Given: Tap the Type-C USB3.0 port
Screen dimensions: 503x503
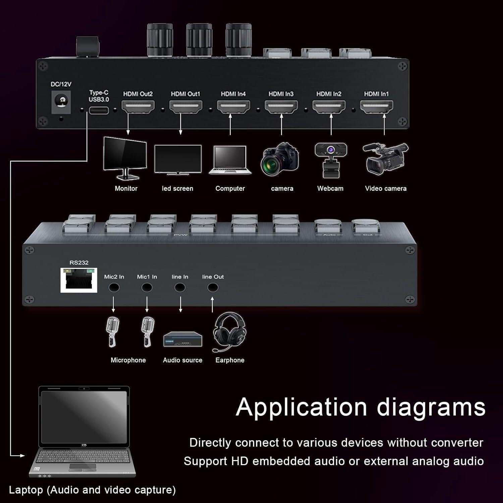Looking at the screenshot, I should [x=99, y=110].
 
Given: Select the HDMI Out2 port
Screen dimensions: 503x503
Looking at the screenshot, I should [x=138, y=107].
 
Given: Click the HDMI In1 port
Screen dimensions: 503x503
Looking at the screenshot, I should [x=377, y=107].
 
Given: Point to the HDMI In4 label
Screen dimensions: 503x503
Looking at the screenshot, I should [x=233, y=94].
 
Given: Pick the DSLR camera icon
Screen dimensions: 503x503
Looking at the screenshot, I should [x=280, y=160].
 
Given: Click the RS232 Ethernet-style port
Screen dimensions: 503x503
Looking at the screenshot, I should [x=79, y=280].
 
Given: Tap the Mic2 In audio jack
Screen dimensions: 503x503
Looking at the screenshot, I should [x=114, y=288].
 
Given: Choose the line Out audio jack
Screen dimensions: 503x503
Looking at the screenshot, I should [x=213, y=288].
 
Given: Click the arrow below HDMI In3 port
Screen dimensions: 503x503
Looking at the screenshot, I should [x=281, y=124].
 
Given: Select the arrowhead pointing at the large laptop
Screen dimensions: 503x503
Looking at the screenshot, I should [x=22, y=455].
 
